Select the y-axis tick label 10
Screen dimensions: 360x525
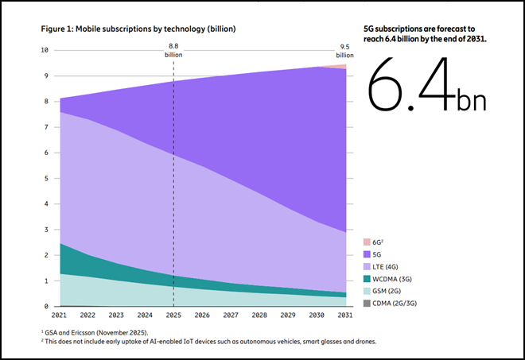[x=45, y=50]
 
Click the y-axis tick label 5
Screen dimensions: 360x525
[x=47, y=178]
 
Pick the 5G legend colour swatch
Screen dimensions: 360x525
[x=367, y=254]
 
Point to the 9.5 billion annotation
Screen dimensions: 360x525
[x=344, y=51]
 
